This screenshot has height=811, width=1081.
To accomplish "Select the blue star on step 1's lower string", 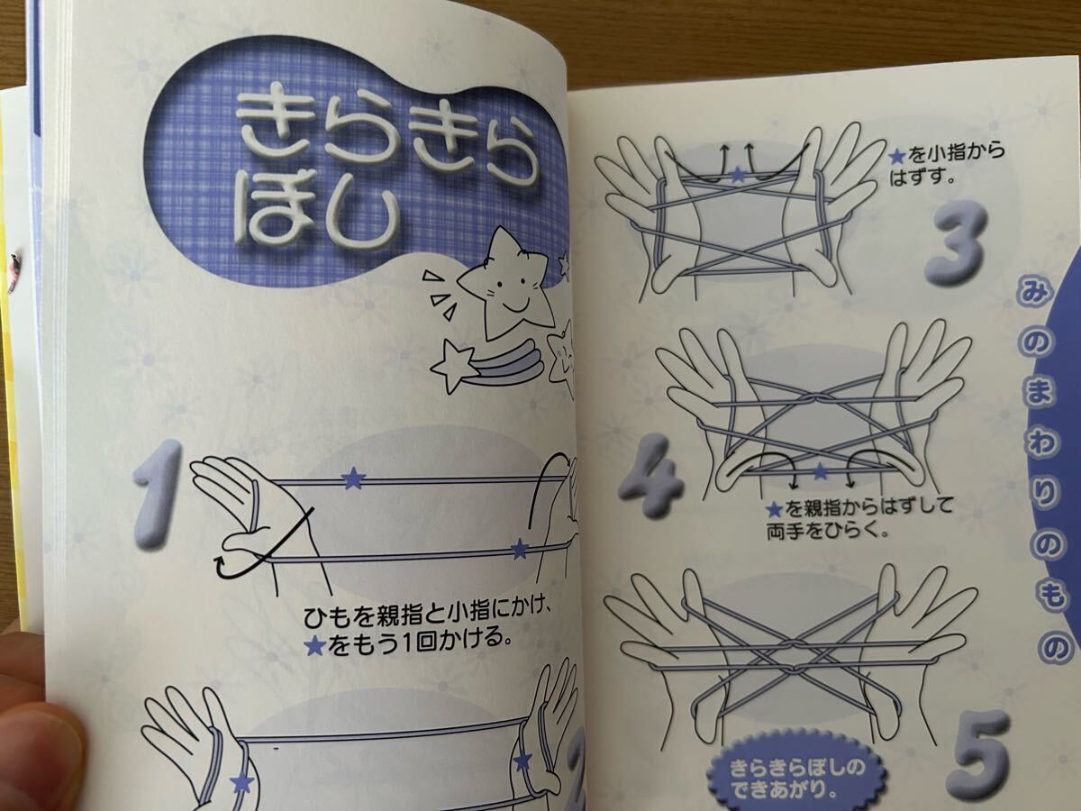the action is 519,548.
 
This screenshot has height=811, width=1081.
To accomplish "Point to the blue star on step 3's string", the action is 737,174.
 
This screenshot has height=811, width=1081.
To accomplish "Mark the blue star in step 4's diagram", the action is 820,470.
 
